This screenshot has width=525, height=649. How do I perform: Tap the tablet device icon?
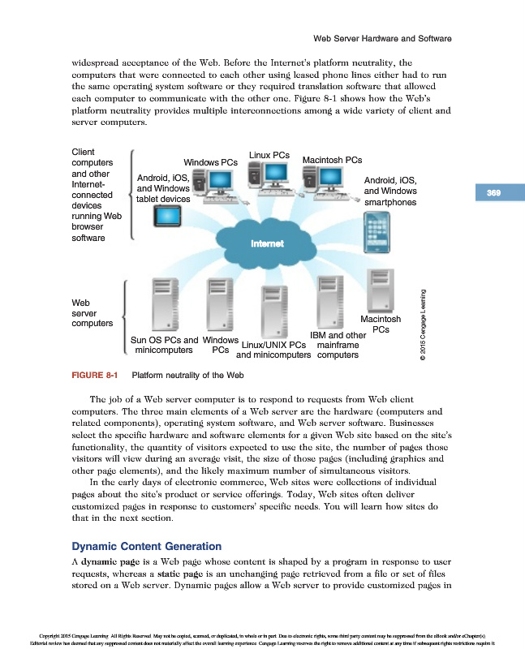[x=170, y=217]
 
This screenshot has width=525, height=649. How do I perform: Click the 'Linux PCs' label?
[x=269, y=154]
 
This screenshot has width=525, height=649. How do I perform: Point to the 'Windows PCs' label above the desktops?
[x=210, y=162]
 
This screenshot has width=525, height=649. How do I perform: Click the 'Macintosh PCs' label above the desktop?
[x=332, y=161]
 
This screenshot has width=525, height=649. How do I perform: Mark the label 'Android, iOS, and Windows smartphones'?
[x=390, y=191]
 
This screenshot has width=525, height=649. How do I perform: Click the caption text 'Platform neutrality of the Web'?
[x=186, y=376]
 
